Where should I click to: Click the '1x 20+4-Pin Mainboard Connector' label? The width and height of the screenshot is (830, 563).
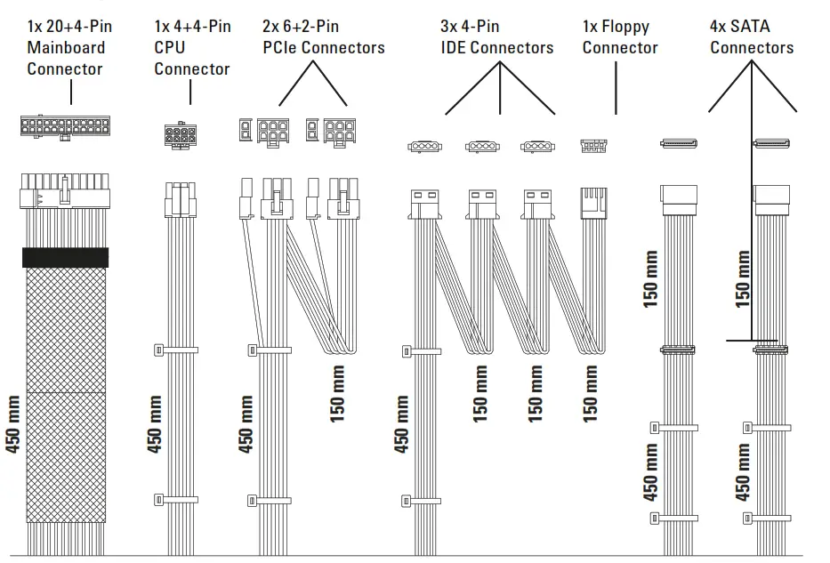[x=69, y=48]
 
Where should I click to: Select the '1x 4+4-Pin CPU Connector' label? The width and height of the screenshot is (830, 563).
[x=192, y=48]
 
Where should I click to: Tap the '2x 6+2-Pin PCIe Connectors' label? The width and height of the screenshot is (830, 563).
[x=324, y=37]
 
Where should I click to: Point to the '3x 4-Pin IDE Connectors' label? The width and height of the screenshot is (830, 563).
[x=497, y=37]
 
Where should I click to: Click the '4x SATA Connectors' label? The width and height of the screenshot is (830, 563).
[x=752, y=37]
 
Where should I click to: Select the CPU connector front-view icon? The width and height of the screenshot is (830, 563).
[x=180, y=135]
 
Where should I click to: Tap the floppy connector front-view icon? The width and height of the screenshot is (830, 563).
[x=593, y=145]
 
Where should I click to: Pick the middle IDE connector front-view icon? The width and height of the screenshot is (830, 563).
[x=481, y=146]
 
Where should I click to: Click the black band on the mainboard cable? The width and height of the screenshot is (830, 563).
[x=65, y=257]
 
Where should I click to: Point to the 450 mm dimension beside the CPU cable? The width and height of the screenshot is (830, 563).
[x=155, y=424]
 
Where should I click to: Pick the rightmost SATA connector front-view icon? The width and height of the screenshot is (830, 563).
[x=772, y=143]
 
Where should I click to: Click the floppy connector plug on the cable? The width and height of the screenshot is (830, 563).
[x=593, y=202]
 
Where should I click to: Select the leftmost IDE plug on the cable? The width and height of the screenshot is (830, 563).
[x=423, y=204]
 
